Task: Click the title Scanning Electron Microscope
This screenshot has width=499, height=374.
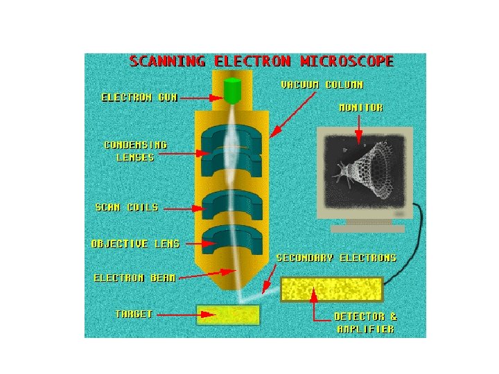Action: point(261,62)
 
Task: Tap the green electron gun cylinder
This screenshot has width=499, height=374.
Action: point(232,91)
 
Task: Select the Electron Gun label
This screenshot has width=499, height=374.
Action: point(139,98)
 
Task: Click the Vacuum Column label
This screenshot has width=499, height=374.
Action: point(322,84)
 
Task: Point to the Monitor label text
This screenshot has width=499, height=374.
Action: point(360,108)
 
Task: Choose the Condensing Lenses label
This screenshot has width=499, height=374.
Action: point(135,151)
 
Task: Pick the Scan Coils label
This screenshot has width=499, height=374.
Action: point(126,207)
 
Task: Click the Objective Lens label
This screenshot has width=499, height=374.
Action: point(135,244)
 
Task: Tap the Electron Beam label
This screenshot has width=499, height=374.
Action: point(134,278)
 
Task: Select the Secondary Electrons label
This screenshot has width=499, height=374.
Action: point(336,258)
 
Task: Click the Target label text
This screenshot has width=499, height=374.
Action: point(134,314)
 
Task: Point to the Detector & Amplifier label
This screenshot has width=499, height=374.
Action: point(365,323)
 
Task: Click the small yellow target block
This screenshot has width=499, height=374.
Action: point(228,315)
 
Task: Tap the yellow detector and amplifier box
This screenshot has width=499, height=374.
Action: point(332,289)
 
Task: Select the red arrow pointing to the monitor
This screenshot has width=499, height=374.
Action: point(358,129)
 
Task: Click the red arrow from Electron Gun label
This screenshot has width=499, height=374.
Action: point(200,98)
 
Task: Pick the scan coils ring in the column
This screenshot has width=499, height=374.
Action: point(231,204)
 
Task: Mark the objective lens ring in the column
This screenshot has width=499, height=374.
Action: point(231,240)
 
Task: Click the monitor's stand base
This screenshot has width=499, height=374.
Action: point(367,228)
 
